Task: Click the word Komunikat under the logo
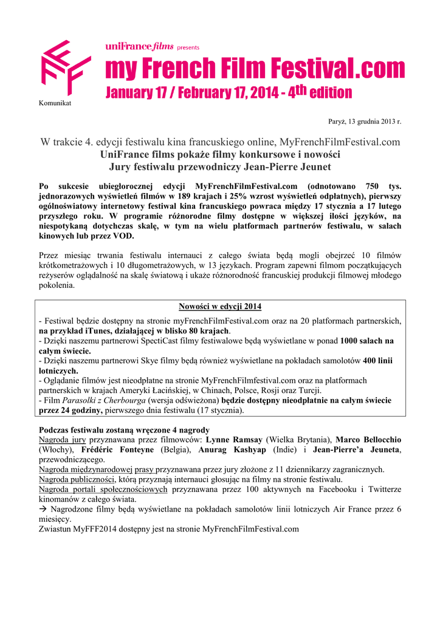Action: [x=55, y=103]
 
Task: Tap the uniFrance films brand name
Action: [x=139, y=46]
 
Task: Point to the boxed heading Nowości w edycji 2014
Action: [x=220, y=306]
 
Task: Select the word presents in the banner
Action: [x=188, y=47]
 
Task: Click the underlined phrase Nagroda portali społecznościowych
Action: [x=103, y=489]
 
